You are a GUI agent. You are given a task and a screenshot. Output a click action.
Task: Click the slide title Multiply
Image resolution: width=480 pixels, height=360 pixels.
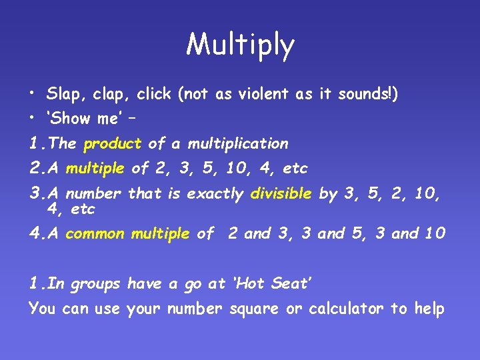[240, 45]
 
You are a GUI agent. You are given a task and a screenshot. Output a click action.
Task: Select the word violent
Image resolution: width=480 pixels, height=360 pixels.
[251, 94]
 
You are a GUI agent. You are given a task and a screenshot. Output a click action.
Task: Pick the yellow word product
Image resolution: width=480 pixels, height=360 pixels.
[113, 144]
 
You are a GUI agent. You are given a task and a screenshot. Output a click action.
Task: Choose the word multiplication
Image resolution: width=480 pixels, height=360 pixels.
[238, 143]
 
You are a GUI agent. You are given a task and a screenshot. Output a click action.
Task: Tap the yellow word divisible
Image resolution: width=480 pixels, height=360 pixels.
[281, 194]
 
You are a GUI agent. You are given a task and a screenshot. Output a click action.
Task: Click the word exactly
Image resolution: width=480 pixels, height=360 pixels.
[215, 194]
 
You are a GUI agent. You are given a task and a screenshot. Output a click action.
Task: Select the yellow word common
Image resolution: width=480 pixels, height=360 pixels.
[95, 233]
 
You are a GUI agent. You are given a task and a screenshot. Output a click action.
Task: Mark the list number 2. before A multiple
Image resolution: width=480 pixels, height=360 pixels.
[37, 169]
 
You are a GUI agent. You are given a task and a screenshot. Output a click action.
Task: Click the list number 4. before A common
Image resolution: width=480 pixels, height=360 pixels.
[37, 233]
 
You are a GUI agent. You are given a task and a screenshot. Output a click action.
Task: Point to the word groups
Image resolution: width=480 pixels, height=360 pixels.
[95, 285]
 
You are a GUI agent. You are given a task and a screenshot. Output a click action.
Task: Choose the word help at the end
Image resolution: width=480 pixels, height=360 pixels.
[429, 309]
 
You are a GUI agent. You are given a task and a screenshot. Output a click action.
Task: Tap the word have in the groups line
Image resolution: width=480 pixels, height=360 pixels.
[145, 283]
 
